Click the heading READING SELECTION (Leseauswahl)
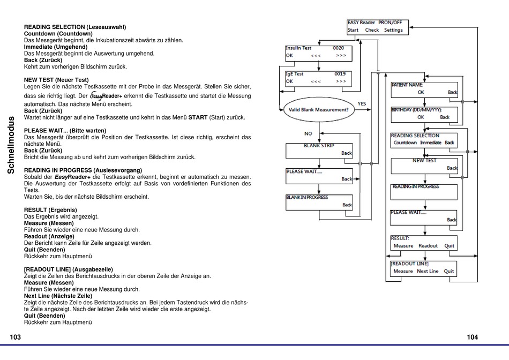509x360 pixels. point(75,27)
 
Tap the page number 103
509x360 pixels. point(15,337)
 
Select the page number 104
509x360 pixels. point(473,337)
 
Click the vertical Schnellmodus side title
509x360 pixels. point(11,145)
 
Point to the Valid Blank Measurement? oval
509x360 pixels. point(318,110)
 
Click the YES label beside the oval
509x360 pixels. point(362,103)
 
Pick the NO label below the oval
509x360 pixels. point(308,133)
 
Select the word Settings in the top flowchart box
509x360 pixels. point(393,30)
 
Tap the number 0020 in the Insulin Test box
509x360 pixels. point(338,48)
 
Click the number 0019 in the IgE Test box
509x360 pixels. point(340,74)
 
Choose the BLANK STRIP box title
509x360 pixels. point(319,145)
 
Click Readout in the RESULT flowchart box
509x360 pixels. point(428,246)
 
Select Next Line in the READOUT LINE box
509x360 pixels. point(428,271)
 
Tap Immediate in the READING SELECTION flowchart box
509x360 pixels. point(430,142)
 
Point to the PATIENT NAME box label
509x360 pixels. point(407,85)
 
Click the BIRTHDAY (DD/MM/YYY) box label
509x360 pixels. point(416,110)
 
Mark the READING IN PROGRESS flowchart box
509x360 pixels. point(424,192)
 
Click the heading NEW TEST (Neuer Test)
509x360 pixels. point(56,80)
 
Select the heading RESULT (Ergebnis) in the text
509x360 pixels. point(50,210)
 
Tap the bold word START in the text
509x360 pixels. point(198,117)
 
